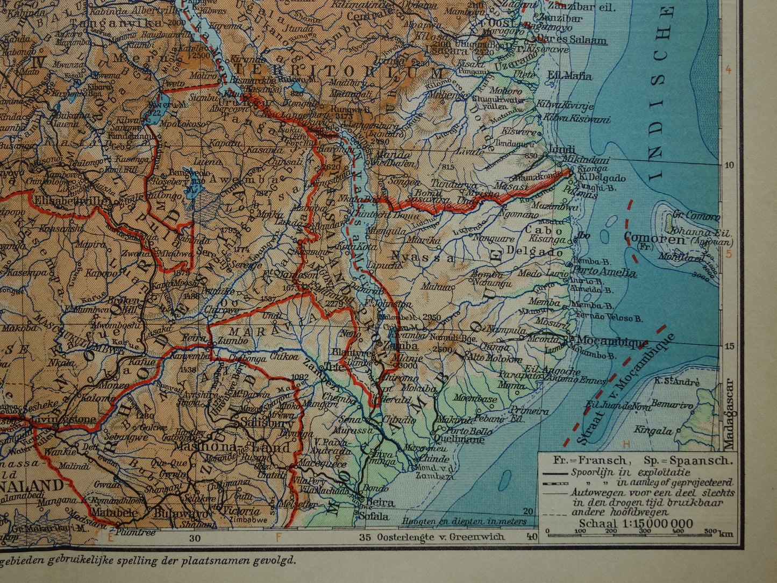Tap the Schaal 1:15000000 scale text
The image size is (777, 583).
click(x=636, y=524)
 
